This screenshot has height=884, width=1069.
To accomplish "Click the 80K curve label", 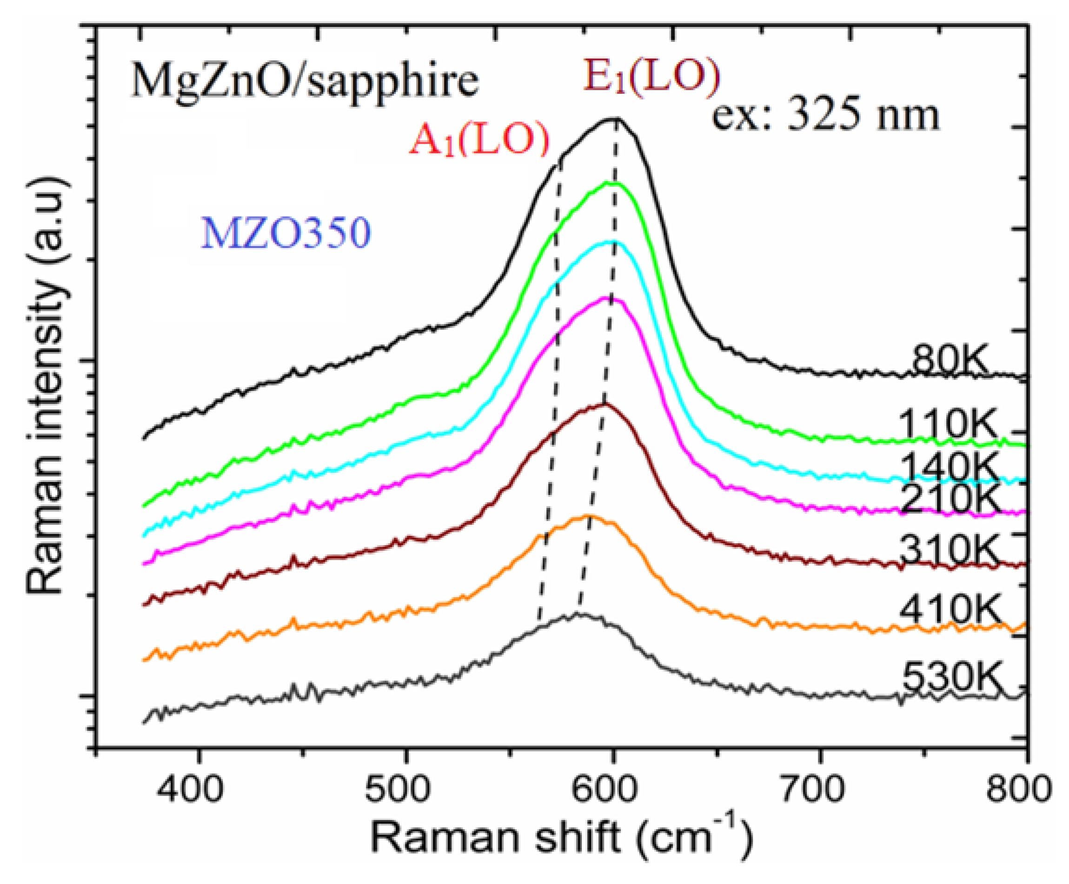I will point(949,360).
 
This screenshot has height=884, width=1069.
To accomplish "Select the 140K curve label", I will point(950,467).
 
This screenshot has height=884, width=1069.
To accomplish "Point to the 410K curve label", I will point(950,609).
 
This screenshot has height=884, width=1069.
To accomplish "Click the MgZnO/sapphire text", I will point(305,81).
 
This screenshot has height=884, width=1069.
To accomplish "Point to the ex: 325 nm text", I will point(825,116).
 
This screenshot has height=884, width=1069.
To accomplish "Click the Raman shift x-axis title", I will point(560,838).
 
